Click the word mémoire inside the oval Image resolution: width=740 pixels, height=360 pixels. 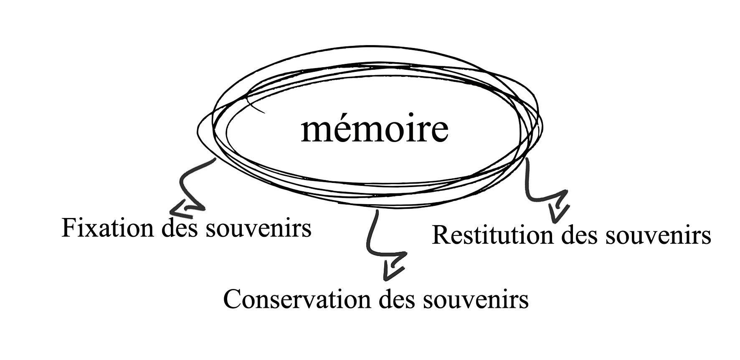click(374, 129)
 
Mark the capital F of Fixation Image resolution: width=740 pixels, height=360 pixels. click(69, 228)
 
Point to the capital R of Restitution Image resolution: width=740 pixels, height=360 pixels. click(440, 235)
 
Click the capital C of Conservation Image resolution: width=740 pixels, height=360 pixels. click(233, 299)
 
